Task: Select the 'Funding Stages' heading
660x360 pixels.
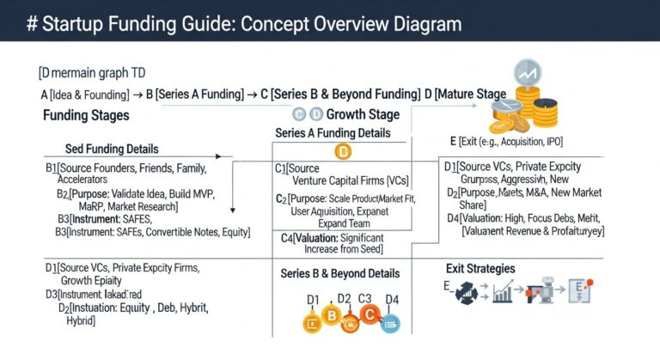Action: [86, 115]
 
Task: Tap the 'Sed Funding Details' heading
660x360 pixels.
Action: [112, 149]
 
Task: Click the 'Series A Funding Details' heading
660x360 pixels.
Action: [333, 133]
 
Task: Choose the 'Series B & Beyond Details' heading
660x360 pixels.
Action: [339, 273]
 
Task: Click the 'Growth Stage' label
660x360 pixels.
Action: [364, 114]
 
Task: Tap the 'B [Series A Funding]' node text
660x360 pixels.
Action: [194, 94]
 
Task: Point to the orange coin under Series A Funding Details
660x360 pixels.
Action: [344, 153]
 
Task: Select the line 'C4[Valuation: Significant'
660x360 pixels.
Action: [335, 236]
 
